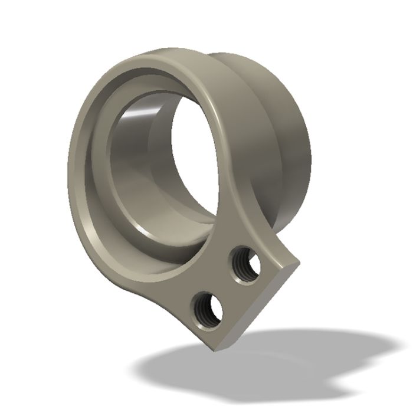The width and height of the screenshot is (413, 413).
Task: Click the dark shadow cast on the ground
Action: click(x=248, y=366)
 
